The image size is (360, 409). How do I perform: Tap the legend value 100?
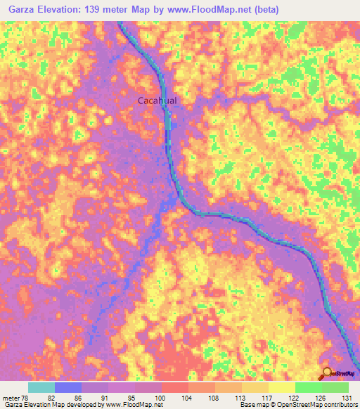(162, 397)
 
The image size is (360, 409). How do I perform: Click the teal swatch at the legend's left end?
(41, 387)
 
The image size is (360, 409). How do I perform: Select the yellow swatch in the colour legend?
(281, 387)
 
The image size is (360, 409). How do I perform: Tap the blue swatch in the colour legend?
(68, 387)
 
